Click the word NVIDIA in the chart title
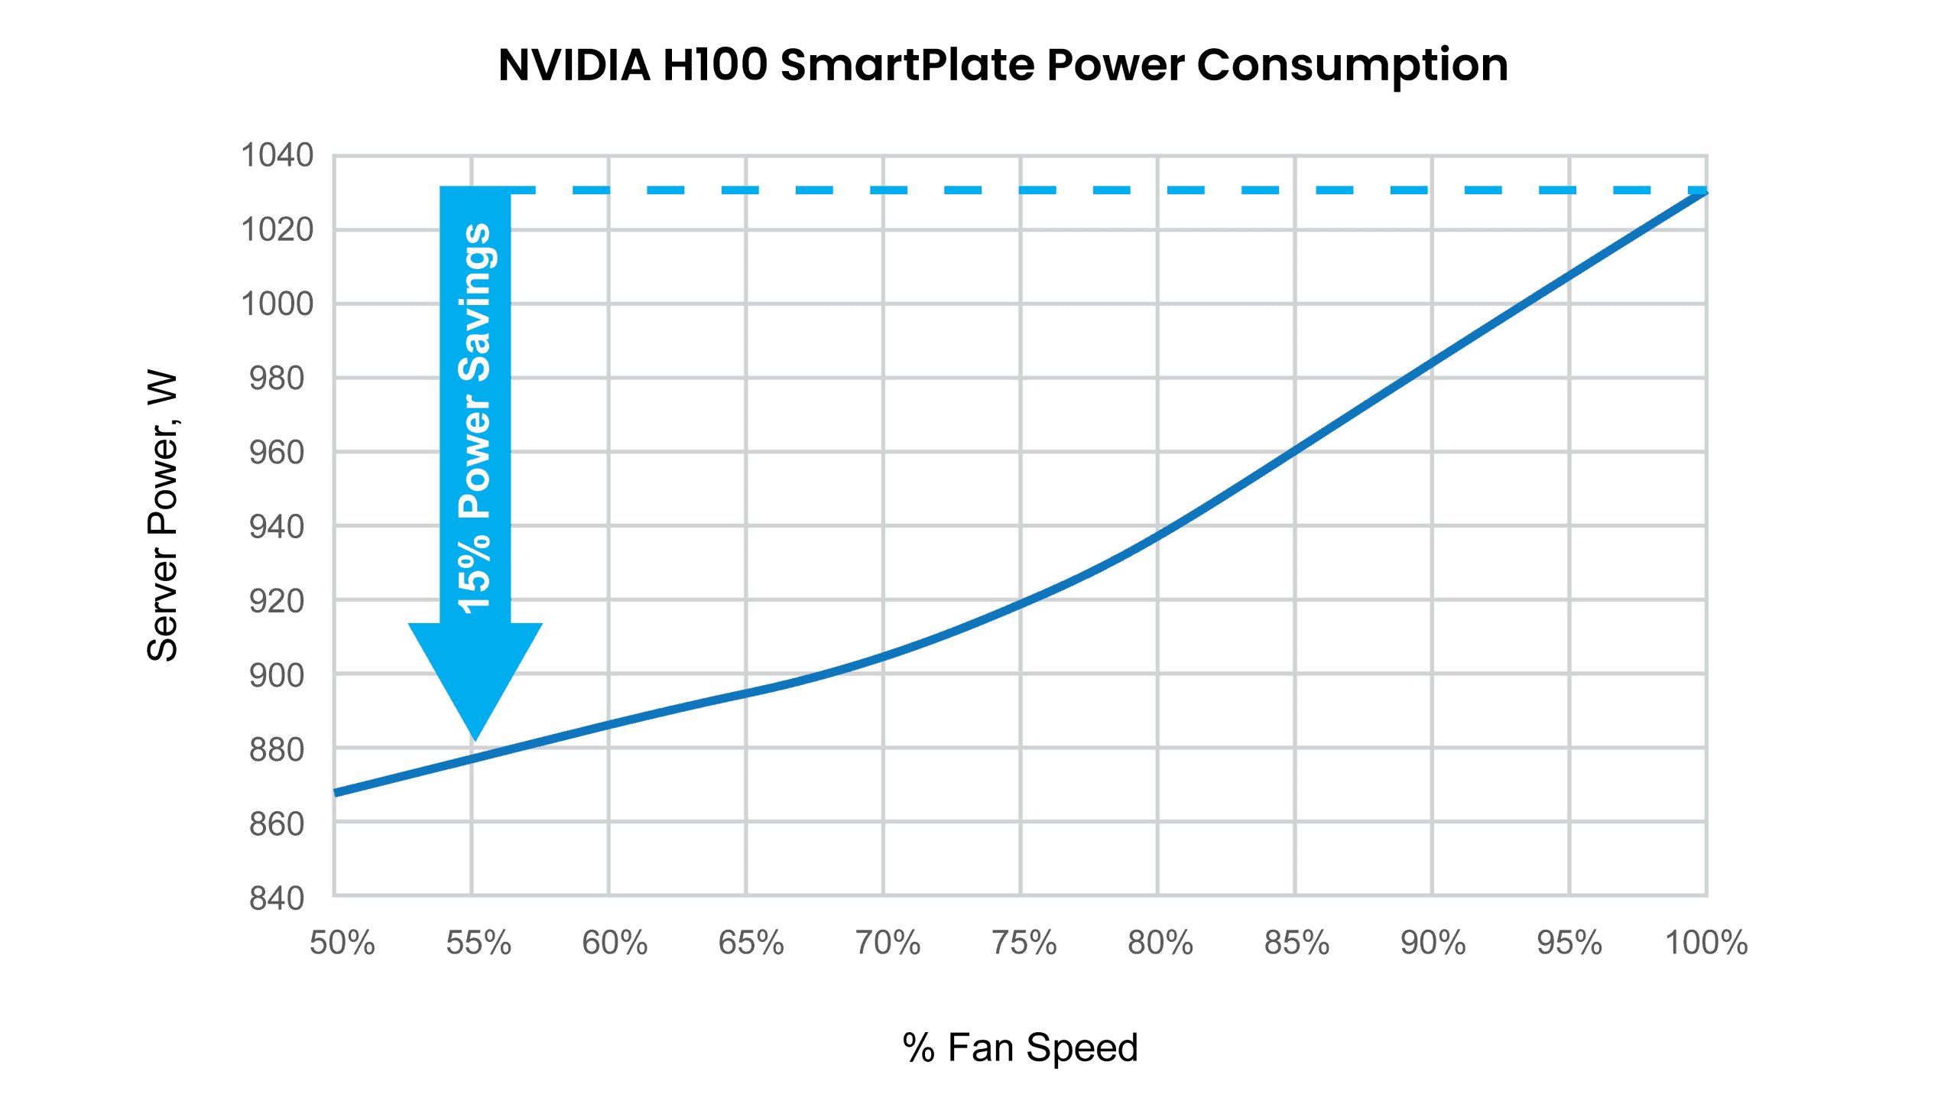574,65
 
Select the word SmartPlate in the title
907,65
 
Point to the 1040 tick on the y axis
277,155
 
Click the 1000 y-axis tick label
277,304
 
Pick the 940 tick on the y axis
277,527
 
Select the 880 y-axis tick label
277,750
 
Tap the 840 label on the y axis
277,898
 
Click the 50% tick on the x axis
342,943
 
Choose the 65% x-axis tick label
751,943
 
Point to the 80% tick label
1160,943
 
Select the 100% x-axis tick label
1706,943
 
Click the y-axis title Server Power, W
162,517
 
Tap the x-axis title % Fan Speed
1020,1048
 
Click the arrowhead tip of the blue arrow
475,741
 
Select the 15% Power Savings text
474,418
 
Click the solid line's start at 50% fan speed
335,793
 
